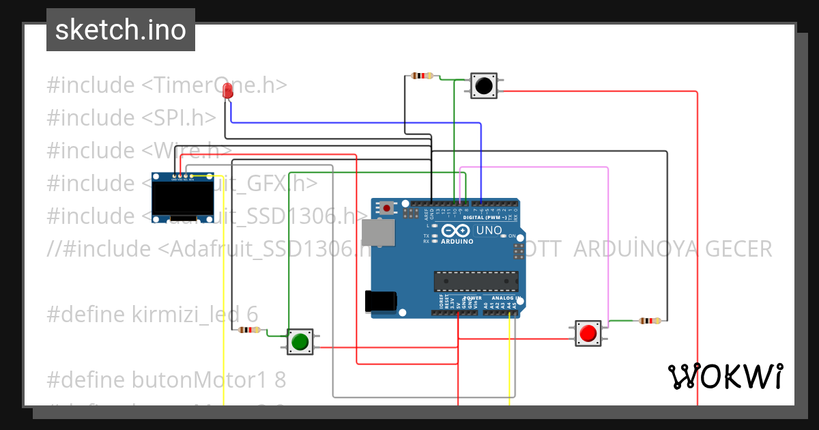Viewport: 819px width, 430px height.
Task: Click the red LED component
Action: tap(227, 90)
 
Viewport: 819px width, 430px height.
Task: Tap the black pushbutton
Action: tap(483, 86)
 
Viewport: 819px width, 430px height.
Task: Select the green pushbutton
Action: tap(300, 341)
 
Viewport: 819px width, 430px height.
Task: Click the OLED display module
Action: tap(182, 197)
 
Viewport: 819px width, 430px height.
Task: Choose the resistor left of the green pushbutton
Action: tap(249, 330)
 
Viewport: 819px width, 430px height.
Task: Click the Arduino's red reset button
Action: tap(387, 207)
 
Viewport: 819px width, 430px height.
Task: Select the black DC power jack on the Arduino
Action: tap(381, 301)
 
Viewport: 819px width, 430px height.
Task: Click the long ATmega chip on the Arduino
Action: tap(476, 281)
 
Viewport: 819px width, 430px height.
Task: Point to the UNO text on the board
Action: tap(489, 231)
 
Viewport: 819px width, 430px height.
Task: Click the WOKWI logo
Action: tap(725, 376)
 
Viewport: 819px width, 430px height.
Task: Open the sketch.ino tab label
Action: tap(121, 30)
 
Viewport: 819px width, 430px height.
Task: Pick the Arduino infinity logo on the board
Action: tap(455, 231)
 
